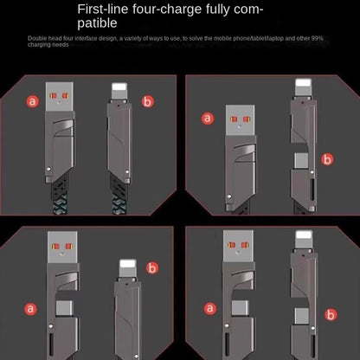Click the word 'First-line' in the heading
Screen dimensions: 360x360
point(105,10)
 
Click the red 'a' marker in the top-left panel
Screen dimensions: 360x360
point(33,101)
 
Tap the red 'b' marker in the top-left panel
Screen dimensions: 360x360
point(147,101)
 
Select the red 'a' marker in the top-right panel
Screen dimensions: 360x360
point(208,118)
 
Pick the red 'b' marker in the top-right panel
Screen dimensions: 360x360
point(326,159)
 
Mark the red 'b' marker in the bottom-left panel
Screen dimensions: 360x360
point(152,267)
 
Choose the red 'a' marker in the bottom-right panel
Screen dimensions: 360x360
point(208,308)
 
